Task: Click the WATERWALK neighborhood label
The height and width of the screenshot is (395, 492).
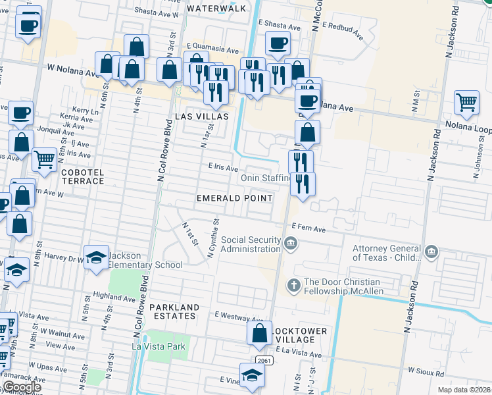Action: tap(216, 9)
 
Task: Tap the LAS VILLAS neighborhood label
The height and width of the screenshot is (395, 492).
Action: tap(202, 116)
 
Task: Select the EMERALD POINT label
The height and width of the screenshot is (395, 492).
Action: tap(235, 198)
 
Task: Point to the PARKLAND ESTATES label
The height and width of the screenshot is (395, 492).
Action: tap(173, 311)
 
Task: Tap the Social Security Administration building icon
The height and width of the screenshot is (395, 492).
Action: tap(290, 245)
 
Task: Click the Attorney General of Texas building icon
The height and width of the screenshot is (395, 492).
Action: tap(431, 253)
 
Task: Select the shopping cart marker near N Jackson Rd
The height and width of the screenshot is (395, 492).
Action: tap(466, 102)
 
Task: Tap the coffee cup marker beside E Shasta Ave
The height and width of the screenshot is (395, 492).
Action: tap(278, 44)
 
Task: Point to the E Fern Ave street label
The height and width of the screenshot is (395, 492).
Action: tap(309, 229)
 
